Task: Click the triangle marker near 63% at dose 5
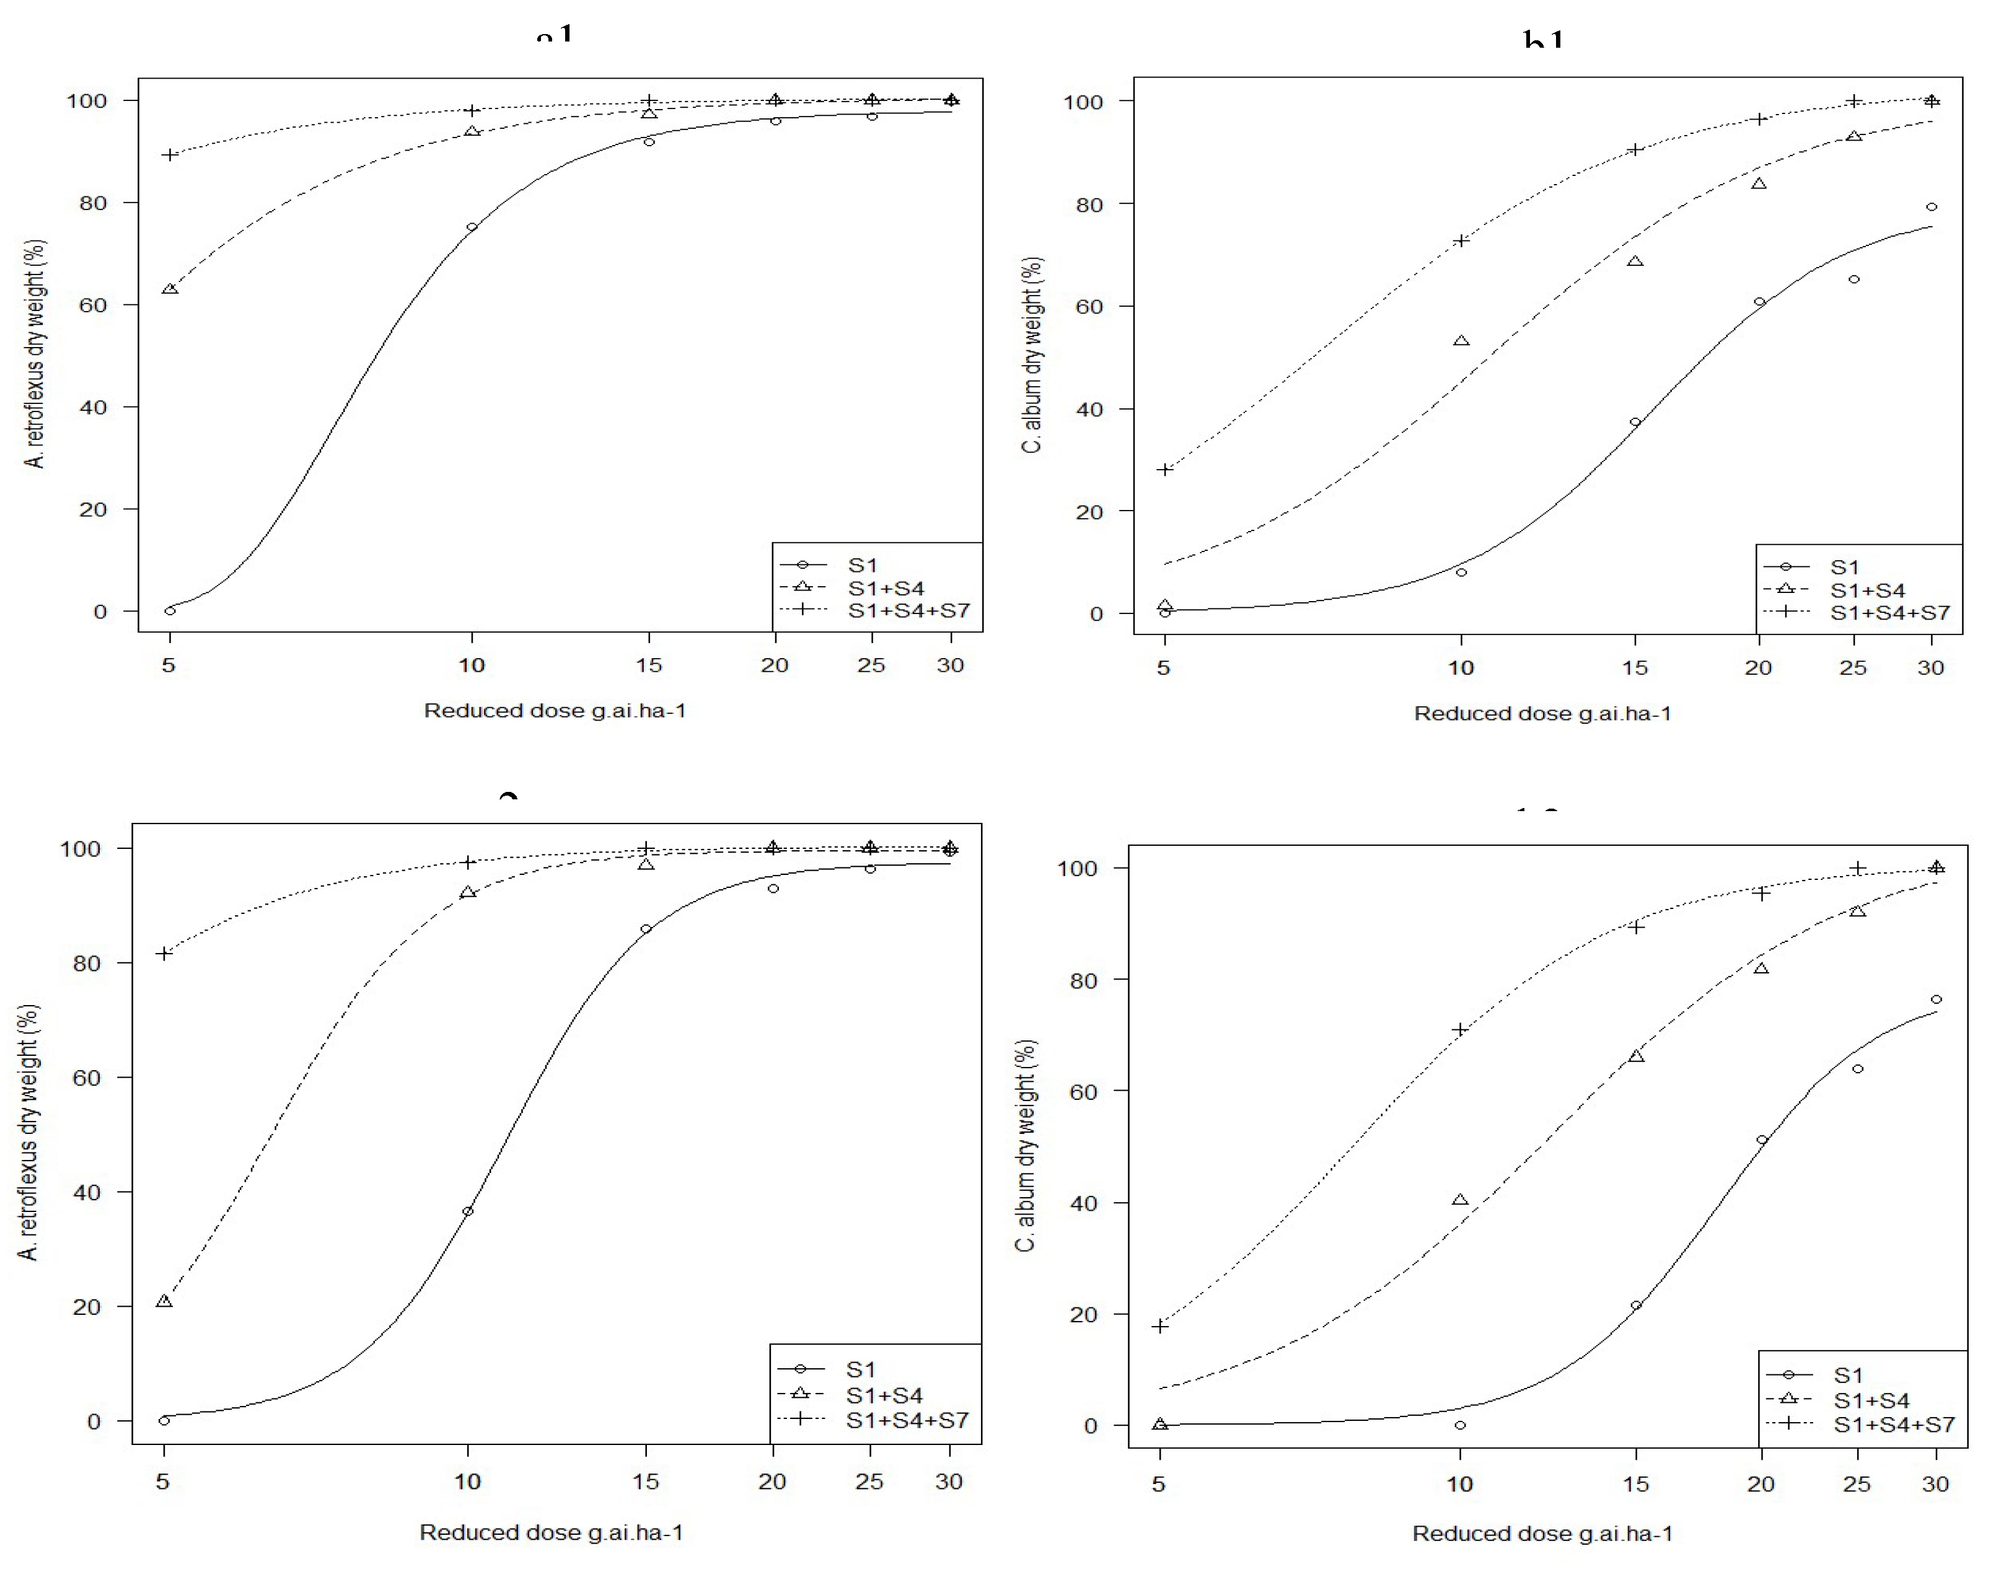169,289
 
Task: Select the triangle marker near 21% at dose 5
164,1301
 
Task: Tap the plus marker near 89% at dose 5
169,154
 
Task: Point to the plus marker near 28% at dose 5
1164,469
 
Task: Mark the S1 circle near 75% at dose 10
472,227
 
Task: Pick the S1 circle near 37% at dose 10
467,1211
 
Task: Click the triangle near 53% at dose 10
1461,341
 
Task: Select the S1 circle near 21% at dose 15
1636,1305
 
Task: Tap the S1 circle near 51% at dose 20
1762,1140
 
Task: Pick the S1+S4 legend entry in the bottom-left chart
884,1395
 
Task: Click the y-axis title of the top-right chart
1032,356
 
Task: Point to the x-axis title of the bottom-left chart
551,1532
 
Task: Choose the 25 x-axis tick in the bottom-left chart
869,1482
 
